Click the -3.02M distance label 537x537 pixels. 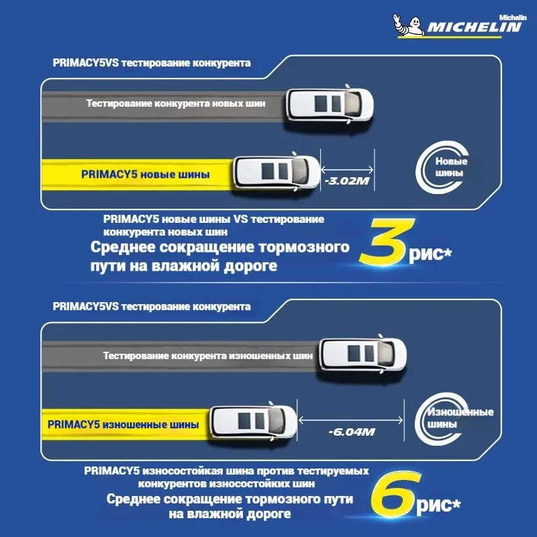(347, 181)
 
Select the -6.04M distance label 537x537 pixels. (351, 432)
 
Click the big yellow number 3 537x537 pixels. (387, 242)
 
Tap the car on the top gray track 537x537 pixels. (330, 105)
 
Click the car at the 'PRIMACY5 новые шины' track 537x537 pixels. (277, 173)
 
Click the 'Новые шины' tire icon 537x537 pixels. (442, 167)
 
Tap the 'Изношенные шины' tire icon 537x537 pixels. (442, 418)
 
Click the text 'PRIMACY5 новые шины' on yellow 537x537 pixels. (145, 175)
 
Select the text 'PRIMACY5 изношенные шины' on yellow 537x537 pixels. (124, 425)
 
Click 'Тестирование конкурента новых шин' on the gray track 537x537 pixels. (176, 103)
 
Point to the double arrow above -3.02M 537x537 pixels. (347, 169)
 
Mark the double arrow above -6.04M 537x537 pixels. (350, 420)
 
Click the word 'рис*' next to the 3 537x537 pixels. (430, 254)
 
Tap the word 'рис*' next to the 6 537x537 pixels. (438, 505)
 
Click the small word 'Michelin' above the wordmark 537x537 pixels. (512, 17)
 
